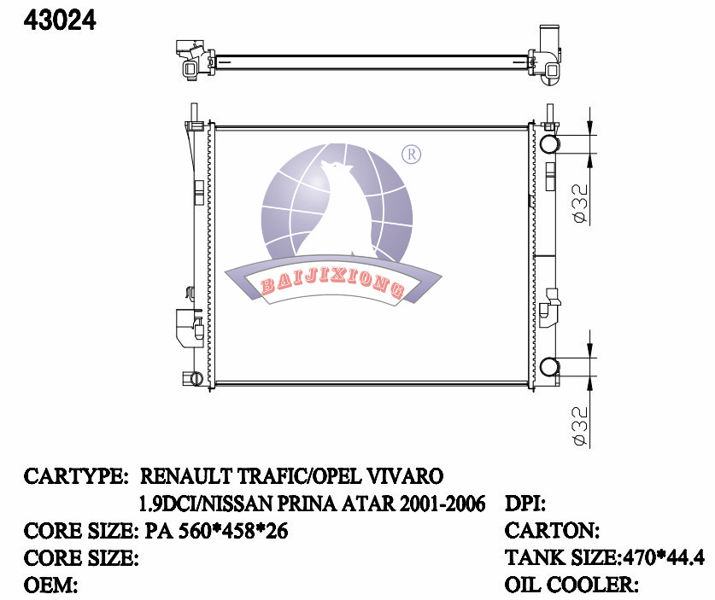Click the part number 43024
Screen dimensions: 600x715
[x=60, y=20]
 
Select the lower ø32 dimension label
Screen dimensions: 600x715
[x=578, y=423]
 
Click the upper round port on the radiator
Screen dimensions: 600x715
[x=549, y=143]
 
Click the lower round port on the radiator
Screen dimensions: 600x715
[x=549, y=368]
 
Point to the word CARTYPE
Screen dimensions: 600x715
[x=76, y=475]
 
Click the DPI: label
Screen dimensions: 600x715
[x=526, y=504]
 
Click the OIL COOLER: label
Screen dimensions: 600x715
[x=572, y=586]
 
